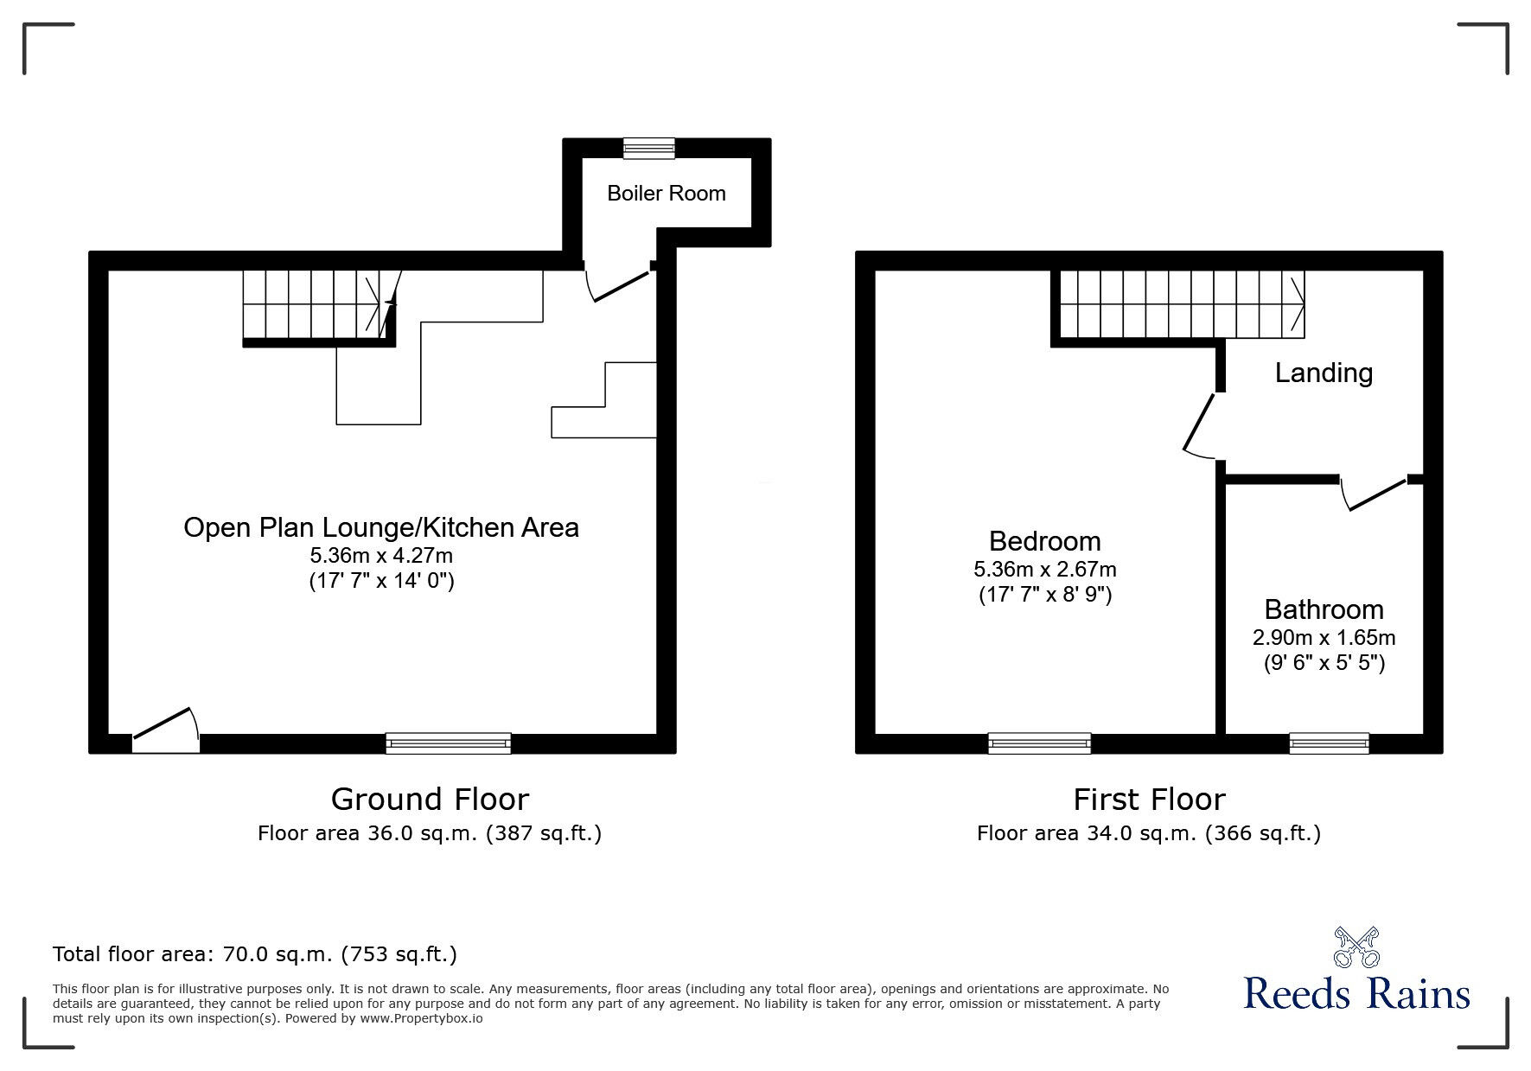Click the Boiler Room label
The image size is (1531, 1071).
[x=666, y=193]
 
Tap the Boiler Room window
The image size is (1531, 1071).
[x=650, y=148]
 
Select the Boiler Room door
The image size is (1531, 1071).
[x=619, y=286]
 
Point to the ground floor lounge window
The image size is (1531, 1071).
[x=448, y=743]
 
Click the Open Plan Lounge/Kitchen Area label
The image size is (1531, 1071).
[x=381, y=527]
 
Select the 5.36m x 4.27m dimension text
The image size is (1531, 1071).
[x=381, y=555]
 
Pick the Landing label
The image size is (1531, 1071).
[x=1324, y=373]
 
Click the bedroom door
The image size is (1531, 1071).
[x=1199, y=424]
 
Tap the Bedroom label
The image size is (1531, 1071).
[x=1044, y=541]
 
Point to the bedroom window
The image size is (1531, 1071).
[x=1039, y=743]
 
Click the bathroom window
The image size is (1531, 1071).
[x=1329, y=743]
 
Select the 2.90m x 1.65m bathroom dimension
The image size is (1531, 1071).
[x=1324, y=638]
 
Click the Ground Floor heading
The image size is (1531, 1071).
[x=430, y=799]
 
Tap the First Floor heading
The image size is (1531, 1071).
[x=1149, y=799]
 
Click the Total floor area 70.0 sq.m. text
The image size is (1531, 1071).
[x=255, y=954]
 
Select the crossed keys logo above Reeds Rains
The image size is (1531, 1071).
[x=1357, y=947]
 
